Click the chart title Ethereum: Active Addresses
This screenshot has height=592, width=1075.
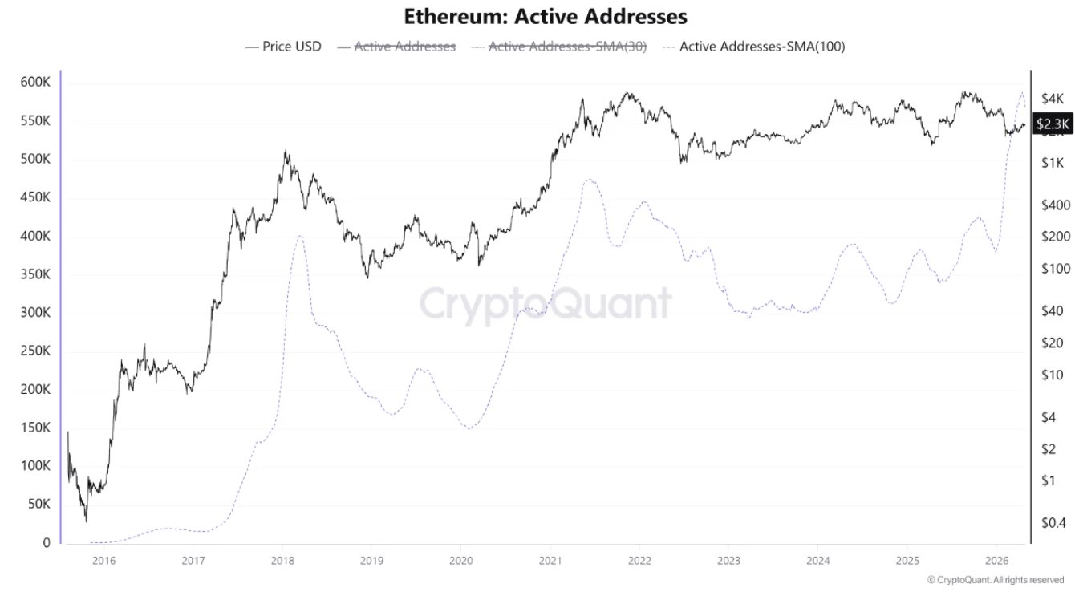click(x=546, y=16)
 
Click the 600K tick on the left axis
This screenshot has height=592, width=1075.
click(x=35, y=83)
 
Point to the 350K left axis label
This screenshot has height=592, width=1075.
click(x=35, y=274)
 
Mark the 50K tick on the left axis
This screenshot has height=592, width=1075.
click(x=39, y=505)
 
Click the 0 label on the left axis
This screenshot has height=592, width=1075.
click(x=47, y=543)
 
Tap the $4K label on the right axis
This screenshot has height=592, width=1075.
click(x=1051, y=99)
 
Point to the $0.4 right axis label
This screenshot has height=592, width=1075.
click(x=1053, y=523)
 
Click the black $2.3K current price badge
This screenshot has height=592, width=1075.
click(x=1052, y=124)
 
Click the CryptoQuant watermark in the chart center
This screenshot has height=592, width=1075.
click(x=546, y=304)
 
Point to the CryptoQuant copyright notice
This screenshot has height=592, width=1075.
click(x=995, y=580)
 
